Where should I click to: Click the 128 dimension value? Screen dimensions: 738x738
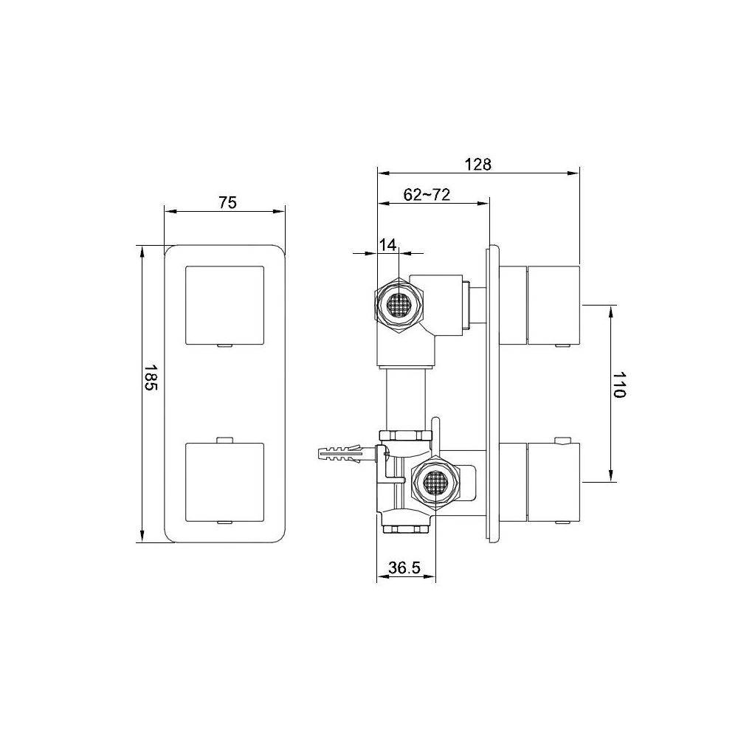tap(477, 165)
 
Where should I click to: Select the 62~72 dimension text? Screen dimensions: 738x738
tap(427, 194)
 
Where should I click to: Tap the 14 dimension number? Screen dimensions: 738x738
tap(388, 245)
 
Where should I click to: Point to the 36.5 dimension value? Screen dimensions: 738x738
tap(404, 568)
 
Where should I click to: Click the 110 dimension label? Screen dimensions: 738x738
tap(619, 384)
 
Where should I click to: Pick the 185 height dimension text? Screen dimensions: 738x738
tap(151, 377)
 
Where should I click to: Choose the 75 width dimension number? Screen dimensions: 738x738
tap(228, 202)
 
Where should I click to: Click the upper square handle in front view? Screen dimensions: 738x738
tap(225, 306)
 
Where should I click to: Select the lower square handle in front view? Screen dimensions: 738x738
tap(225, 482)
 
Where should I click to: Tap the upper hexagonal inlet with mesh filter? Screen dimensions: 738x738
tap(399, 306)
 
